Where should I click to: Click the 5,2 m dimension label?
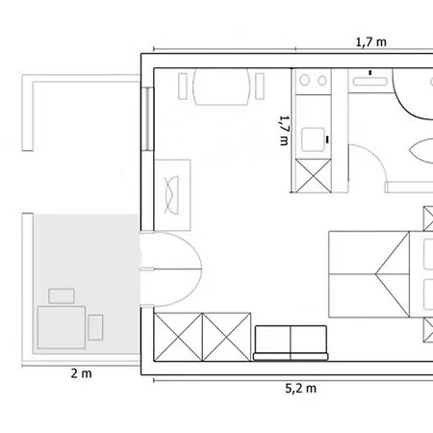[300, 389]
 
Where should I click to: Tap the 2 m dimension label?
[81, 373]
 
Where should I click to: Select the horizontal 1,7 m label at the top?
[371, 42]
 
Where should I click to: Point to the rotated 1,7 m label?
[285, 131]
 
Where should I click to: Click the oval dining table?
[221, 87]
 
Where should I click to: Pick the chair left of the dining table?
[183, 86]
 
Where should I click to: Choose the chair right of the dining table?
[260, 86]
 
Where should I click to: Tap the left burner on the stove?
[304, 80]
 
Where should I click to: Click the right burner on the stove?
[322, 81]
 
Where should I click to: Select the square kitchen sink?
[313, 140]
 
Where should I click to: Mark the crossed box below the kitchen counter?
[313, 176]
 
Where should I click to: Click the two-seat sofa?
[291, 343]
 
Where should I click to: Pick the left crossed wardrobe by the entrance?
[178, 337]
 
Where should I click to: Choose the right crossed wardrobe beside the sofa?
[227, 337]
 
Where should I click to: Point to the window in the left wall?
[147, 119]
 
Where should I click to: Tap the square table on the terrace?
[62, 327]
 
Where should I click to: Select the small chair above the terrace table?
[62, 295]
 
